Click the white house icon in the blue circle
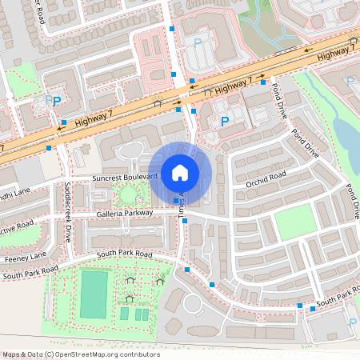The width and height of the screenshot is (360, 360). click(180, 172)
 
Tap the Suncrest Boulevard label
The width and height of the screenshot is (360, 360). click(125, 177)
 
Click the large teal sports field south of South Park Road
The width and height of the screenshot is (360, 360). click(94, 294)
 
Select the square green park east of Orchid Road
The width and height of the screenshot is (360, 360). click(293, 222)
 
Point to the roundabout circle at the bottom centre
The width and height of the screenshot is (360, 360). click(194, 304)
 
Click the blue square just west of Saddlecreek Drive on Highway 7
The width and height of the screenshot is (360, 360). click(50, 148)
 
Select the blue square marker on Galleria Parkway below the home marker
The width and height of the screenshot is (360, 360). click(177, 200)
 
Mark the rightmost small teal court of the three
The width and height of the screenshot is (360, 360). click(145, 315)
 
